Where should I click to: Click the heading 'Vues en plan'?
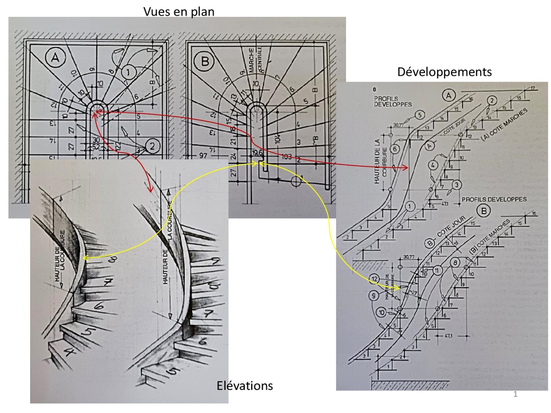179,11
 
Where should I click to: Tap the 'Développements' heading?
444,72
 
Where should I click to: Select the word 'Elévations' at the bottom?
245,386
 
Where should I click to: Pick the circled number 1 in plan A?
128,71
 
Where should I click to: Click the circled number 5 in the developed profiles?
420,113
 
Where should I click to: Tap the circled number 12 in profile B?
375,279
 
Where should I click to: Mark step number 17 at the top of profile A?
532,88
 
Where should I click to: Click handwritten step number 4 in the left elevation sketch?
69,353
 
